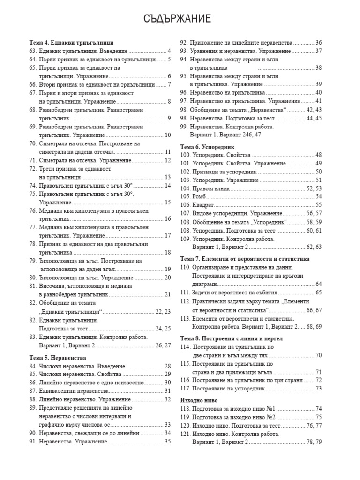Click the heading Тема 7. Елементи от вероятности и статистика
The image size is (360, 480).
(x=245, y=258)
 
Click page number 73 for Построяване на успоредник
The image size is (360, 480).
(x=318, y=388)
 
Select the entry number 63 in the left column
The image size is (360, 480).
(x=33, y=51)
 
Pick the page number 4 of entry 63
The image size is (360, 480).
(x=169, y=51)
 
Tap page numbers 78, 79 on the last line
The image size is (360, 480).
(x=314, y=442)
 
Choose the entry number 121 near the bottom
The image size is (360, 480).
(x=186, y=434)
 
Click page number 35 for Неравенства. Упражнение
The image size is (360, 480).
(x=167, y=441)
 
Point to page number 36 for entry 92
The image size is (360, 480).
(x=318, y=42)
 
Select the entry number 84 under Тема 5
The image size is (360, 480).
(x=33, y=366)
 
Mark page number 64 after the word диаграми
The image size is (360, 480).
(x=318, y=284)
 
